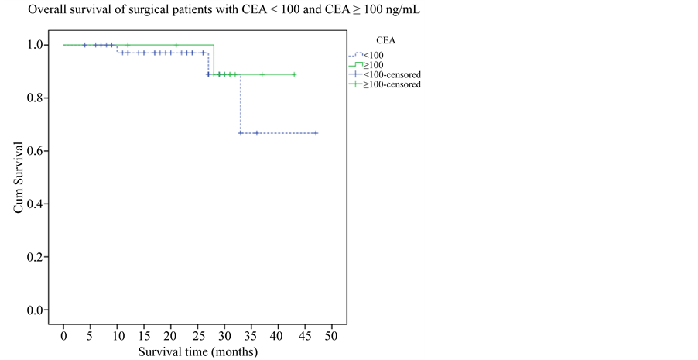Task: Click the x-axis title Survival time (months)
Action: pos(197,351)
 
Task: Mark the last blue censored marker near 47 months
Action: pos(316,133)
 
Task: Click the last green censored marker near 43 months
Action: pos(294,75)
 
